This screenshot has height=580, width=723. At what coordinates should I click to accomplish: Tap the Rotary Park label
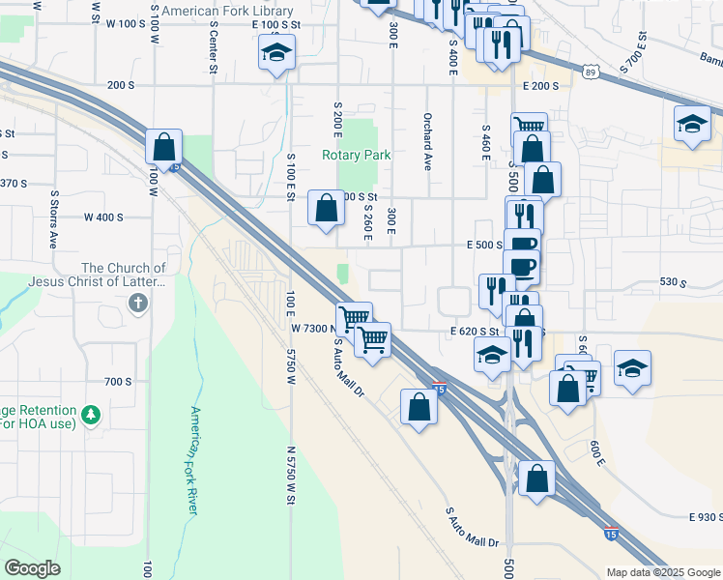[357, 155]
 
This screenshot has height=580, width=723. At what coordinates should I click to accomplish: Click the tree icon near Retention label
[92, 414]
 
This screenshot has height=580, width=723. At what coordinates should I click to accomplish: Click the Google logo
[32, 568]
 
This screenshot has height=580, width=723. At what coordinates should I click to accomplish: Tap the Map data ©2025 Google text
[663, 572]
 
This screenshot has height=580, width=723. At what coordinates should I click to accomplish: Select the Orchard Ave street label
[426, 142]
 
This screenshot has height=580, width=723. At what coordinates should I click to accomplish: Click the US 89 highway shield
[590, 71]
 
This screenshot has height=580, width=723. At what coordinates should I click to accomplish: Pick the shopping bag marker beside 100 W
[164, 147]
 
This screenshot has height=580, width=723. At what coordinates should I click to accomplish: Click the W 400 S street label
[104, 217]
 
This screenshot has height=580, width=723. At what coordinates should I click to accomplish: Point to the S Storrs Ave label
[54, 221]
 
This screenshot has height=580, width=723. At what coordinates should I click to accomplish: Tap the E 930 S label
[706, 519]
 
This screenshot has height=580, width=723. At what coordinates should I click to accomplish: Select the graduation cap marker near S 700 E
[692, 125]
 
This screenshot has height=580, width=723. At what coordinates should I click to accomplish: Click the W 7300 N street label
[312, 329]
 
